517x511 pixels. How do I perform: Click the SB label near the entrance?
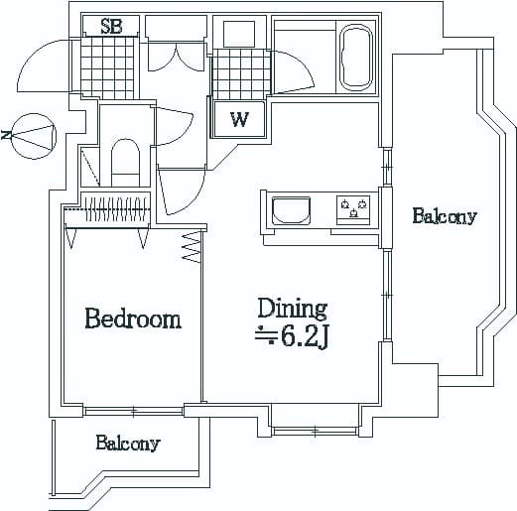pos(110,28)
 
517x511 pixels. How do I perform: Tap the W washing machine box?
pos(239,120)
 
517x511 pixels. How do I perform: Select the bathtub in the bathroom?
pos(355,57)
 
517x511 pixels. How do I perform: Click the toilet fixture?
pos(125,161)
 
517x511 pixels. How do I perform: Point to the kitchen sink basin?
pos(291,211)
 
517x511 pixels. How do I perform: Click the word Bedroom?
pos(132,319)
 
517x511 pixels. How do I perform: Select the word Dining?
pos(292,308)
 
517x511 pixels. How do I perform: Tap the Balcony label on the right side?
pos(444,216)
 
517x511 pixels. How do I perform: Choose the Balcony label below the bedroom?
pos(127,444)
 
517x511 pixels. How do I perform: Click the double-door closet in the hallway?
pos(176,56)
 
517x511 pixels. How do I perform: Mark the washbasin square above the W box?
pos(239,33)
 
